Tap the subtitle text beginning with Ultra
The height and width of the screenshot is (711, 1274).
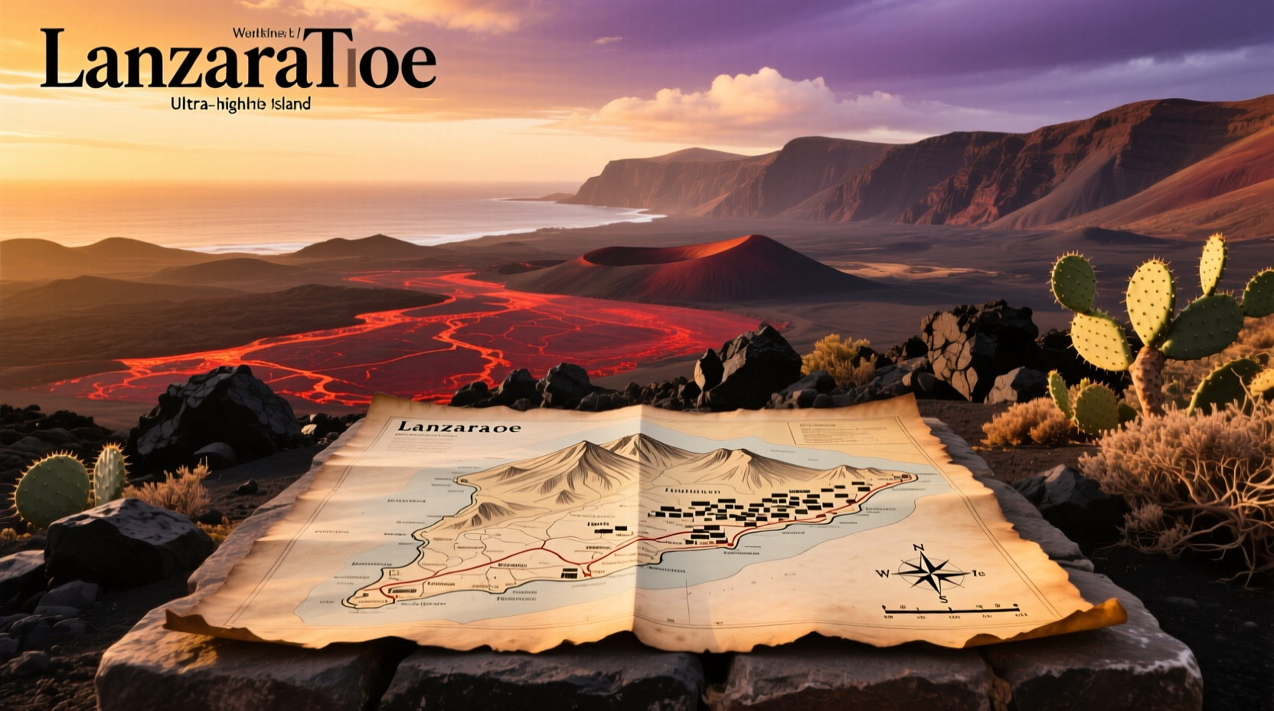[x=241, y=103]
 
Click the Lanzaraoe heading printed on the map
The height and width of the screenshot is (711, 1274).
[x=459, y=428]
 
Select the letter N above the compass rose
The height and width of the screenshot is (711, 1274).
[x=919, y=547]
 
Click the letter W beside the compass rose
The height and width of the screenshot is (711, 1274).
[x=883, y=573]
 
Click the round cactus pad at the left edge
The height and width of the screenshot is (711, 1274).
[x=52, y=489]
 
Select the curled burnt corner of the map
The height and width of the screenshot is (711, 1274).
[x=1102, y=613]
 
